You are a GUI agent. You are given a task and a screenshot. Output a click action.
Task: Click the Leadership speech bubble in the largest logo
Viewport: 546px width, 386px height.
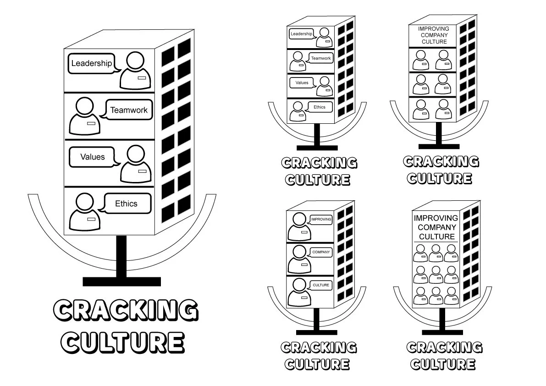91,64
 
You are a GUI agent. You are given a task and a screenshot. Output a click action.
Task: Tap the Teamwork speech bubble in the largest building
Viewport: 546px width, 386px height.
128,110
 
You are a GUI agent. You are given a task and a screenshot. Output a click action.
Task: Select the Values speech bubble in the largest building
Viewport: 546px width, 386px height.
93,157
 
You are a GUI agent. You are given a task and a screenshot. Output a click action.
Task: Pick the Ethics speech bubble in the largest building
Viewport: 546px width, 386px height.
126,204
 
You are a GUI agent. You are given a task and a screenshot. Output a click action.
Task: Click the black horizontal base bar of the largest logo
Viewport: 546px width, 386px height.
121,281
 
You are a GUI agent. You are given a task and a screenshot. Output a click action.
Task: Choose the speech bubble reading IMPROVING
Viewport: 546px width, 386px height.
321,220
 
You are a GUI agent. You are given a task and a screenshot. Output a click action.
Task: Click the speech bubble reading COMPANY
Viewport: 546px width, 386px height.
321,252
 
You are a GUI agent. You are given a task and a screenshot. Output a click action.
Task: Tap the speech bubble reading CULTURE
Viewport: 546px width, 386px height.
321,285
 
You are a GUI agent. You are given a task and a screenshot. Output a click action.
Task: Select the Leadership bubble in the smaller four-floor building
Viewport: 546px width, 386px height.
301,34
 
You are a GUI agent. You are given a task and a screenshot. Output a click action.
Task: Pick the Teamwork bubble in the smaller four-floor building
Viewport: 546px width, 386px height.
320,58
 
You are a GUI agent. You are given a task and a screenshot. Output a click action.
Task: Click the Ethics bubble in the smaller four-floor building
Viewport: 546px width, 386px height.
320,107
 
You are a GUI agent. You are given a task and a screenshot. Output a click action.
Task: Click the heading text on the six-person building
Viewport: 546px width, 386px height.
434,35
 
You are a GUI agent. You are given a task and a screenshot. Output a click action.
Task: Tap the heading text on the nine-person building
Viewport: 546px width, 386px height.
436,227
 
